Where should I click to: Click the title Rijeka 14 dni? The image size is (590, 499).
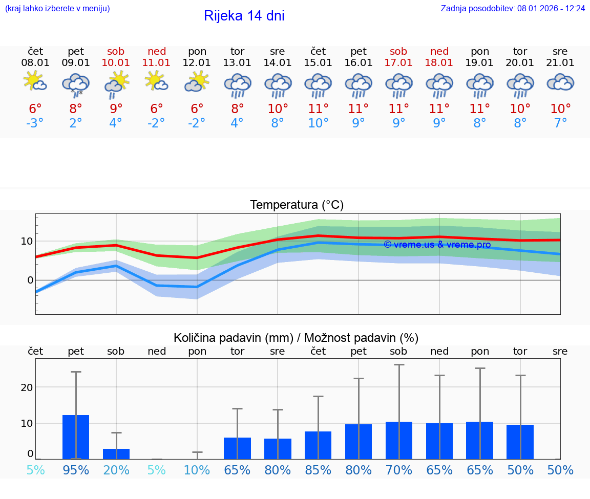click(244, 16)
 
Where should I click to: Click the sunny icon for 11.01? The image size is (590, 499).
click(156, 81)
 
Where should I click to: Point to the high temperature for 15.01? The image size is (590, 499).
click(318, 109)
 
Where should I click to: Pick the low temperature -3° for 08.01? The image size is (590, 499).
click(35, 123)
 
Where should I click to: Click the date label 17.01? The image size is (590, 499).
click(398, 63)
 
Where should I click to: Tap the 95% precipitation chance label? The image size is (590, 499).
click(76, 470)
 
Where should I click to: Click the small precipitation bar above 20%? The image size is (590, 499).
click(116, 454)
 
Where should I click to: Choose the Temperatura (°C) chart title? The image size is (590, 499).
click(297, 205)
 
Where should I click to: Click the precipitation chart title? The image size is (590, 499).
click(296, 338)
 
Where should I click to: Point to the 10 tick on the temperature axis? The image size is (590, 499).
click(27, 241)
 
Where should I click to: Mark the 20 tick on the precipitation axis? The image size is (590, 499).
click(27, 387)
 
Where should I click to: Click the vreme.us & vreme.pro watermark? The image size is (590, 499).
click(437, 245)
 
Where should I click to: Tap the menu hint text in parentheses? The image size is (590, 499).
click(57, 9)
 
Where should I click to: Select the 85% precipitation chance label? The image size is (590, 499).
click(318, 470)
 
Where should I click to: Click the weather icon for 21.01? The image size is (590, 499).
click(560, 82)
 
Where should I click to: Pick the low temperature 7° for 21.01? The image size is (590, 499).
click(560, 123)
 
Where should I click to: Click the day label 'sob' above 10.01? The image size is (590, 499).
click(116, 52)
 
